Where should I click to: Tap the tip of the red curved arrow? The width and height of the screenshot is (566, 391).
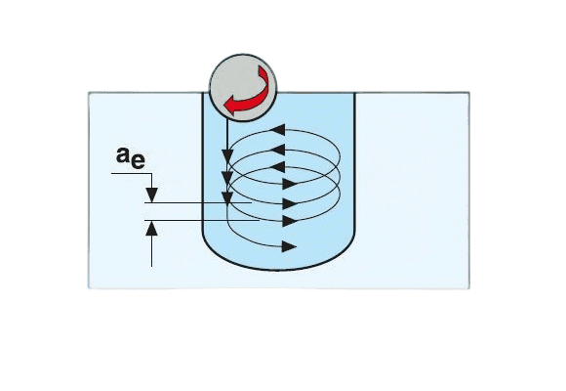click(224, 106)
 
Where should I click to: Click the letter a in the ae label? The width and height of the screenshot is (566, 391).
click(123, 155)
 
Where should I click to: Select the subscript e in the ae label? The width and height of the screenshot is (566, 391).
click(138, 161)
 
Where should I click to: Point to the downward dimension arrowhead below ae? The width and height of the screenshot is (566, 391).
click(152, 195)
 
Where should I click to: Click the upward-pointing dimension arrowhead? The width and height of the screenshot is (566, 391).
click(152, 228)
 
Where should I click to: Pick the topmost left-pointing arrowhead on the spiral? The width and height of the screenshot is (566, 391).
click(277, 130)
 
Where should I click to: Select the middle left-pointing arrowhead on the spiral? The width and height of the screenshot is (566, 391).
click(277, 150)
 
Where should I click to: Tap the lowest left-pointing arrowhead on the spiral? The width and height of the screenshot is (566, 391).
click(277, 167)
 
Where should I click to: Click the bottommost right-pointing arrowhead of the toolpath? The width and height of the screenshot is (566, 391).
click(290, 246)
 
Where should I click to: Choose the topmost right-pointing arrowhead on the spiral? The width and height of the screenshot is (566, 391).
click(290, 184)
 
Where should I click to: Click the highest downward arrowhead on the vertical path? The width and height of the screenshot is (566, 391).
click(227, 156)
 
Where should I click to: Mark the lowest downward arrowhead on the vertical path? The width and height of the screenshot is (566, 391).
click(227, 198)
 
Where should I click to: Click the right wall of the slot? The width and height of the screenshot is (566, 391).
click(355, 163)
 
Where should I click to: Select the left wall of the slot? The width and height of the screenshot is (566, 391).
click(203, 163)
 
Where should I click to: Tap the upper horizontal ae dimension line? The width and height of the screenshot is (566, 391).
click(198, 203)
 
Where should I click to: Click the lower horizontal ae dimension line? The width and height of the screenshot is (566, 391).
click(202, 220)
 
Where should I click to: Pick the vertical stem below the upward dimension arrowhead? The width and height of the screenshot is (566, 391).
click(152, 251)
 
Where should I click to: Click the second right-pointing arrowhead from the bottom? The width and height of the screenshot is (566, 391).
click(290, 221)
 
